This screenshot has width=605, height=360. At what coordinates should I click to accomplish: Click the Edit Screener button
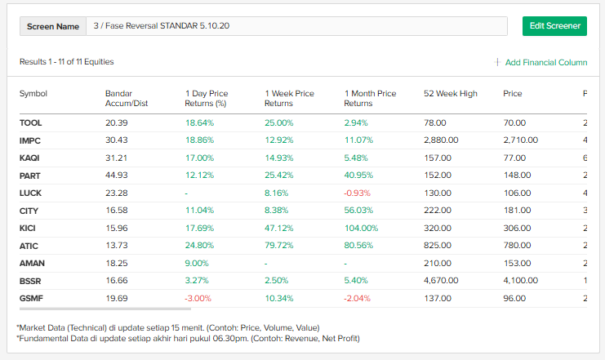[x=554, y=26]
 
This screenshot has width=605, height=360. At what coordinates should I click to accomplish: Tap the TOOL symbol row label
[x=31, y=122]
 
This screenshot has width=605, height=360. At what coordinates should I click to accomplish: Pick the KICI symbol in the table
[x=29, y=228]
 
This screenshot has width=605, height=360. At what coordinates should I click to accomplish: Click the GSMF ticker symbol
[x=31, y=298]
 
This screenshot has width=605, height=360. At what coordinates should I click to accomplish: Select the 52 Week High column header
[x=450, y=94]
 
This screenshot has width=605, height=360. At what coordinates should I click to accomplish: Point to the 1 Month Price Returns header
[x=370, y=98]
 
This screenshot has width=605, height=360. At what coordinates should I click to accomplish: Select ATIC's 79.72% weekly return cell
[x=278, y=246]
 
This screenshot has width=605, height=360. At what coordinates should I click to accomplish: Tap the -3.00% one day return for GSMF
[x=198, y=298]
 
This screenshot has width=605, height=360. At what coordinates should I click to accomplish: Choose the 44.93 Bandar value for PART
[x=117, y=176]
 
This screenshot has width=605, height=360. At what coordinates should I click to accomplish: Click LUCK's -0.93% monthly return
[x=358, y=193]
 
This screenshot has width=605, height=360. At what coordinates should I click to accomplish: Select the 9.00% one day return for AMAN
[x=197, y=263]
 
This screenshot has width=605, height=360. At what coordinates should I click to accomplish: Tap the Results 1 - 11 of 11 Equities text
[x=67, y=62]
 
